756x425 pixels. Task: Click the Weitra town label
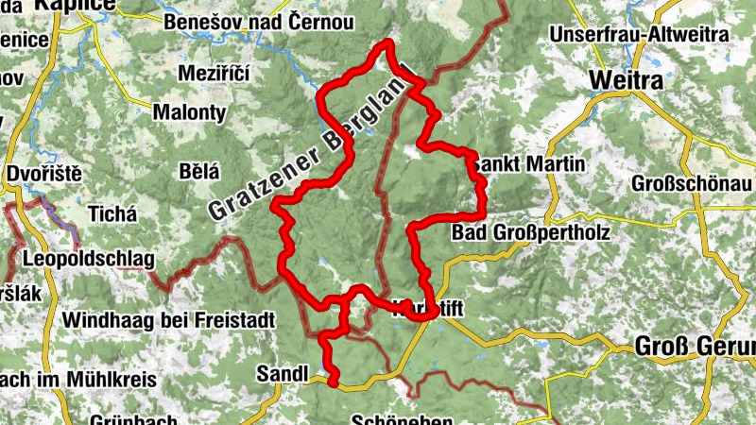(625, 81)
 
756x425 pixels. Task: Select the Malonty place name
(189, 112)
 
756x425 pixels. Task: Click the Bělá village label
(198, 171)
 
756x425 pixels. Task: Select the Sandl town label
(283, 374)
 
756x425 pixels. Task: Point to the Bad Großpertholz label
(531, 231)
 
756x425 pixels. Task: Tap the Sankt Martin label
(529, 164)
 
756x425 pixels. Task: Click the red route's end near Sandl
(334, 382)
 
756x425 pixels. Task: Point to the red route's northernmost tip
(386, 42)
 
